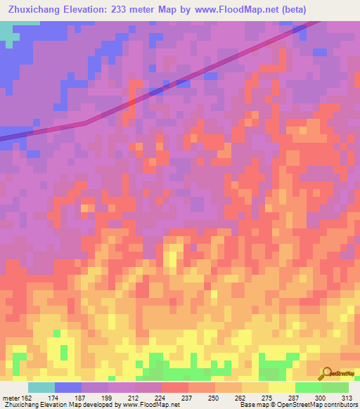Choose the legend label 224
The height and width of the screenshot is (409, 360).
161,398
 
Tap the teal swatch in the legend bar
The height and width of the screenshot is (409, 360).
41,387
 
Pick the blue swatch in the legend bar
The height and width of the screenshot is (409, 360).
68,387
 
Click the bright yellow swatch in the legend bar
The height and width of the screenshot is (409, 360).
282,387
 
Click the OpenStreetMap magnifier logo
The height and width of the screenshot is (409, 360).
327,374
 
